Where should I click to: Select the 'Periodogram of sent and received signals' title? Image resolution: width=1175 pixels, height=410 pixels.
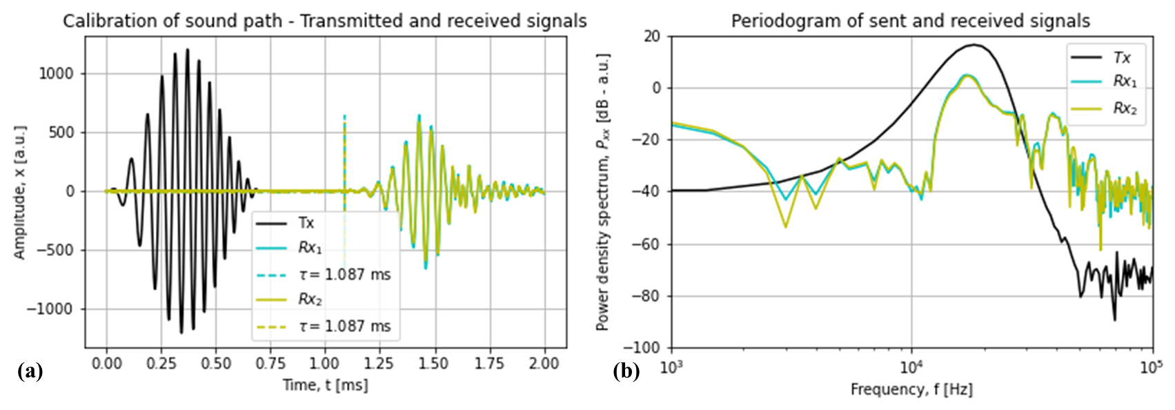[x=911, y=21]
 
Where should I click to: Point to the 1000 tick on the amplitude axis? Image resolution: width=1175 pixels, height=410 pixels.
[x=57, y=74]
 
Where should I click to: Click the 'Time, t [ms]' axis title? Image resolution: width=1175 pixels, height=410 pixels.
[x=325, y=385]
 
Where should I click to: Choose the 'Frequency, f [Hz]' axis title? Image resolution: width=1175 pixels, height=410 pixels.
[x=911, y=390]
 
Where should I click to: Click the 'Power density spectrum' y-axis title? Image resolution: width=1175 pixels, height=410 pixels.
[x=603, y=192]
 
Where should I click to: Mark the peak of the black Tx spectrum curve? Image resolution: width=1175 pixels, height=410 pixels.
[x=974, y=45]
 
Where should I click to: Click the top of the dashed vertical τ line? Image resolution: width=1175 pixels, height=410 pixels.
[x=344, y=117]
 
